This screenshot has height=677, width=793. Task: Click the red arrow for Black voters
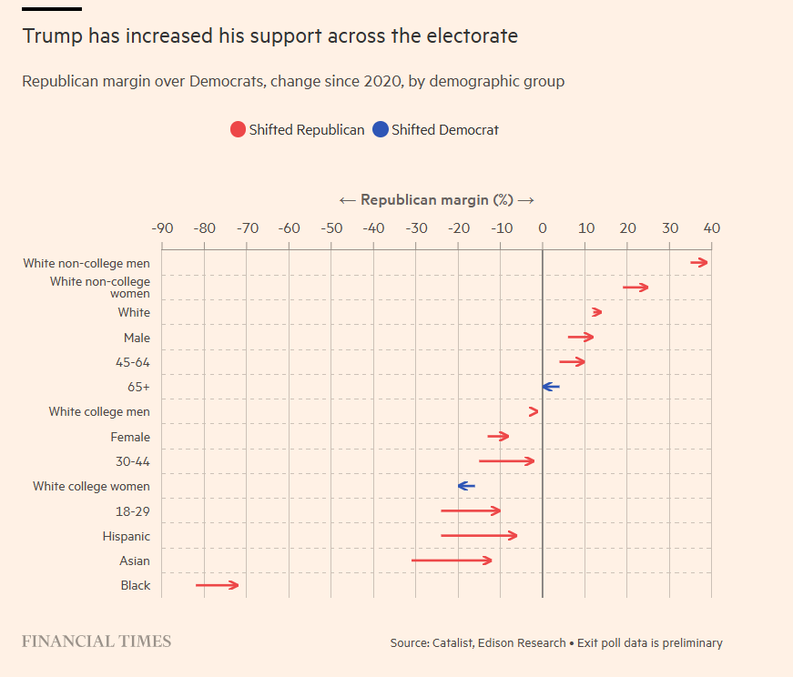[217, 585]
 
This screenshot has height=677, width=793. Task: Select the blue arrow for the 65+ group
[551, 387]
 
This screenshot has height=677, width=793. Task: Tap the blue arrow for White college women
[466, 486]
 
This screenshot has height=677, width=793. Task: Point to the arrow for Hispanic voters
[479, 536]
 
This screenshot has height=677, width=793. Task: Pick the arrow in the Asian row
[452, 561]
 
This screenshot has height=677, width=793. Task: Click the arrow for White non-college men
[699, 263]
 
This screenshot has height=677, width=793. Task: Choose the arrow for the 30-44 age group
[506, 461]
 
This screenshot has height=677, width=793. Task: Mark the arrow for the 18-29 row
[471, 510]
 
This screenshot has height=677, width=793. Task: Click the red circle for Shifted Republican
[239, 130]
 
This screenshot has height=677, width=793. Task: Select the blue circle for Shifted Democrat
[381, 130]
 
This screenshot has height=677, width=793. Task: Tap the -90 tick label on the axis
[162, 227]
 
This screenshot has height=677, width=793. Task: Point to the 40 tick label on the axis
[711, 227]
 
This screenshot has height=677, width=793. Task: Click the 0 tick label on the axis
[542, 227]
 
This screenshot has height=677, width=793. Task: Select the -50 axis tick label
[331, 227]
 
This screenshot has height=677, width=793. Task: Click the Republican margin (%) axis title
[436, 200]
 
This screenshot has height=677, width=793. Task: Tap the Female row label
[130, 437]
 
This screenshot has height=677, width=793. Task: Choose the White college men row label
[99, 412]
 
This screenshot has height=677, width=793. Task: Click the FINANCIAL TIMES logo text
[97, 642]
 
